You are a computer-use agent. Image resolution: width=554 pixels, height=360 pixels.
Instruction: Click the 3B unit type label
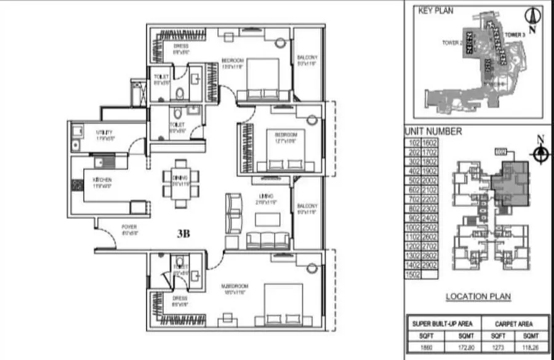point(183,234)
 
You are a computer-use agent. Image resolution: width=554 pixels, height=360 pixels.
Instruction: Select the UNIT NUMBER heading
point(433,132)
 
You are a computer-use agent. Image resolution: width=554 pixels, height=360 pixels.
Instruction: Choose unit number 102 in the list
point(413,142)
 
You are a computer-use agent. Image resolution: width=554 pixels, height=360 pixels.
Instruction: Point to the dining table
point(180,183)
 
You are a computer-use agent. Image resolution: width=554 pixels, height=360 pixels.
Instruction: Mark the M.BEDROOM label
point(235,287)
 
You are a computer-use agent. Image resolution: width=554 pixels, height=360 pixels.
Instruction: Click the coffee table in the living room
point(266,218)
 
